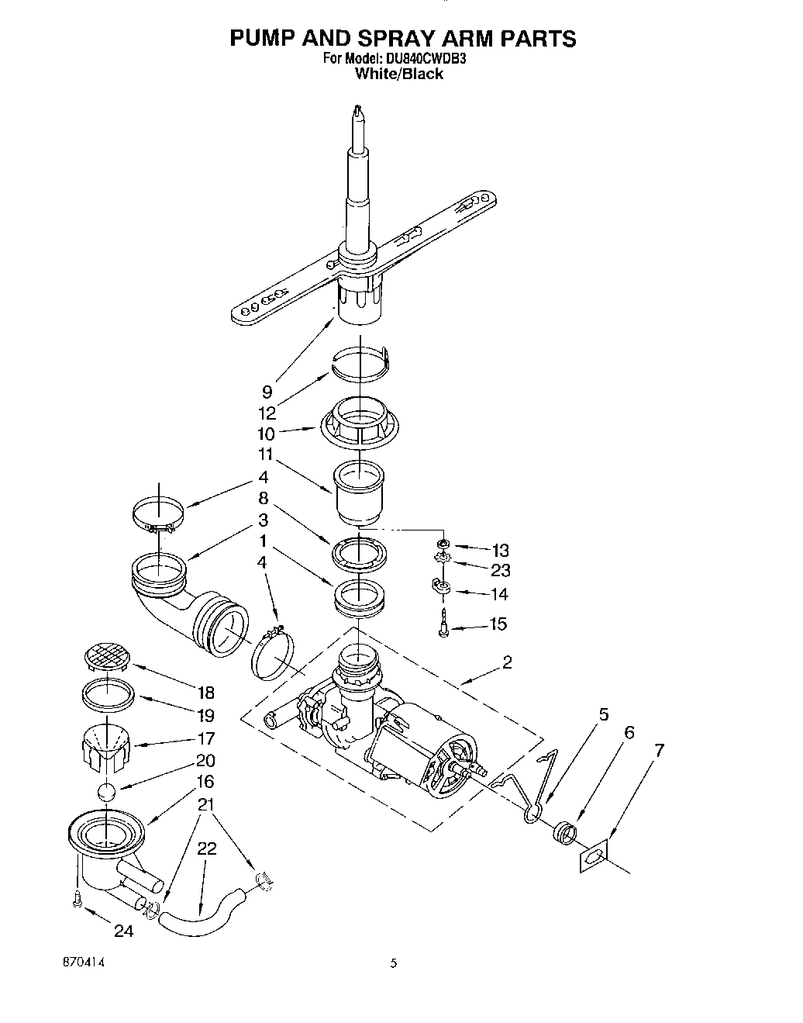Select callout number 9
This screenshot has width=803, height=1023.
click(x=267, y=392)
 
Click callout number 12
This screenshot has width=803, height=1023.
click(x=267, y=413)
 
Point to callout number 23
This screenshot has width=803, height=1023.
click(x=500, y=571)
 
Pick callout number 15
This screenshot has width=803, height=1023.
click(x=498, y=624)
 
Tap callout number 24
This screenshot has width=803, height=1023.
click(x=123, y=931)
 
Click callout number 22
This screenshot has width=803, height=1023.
click(x=206, y=848)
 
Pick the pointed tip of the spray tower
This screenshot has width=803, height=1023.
click(x=357, y=112)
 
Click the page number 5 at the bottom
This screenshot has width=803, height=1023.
click(x=394, y=963)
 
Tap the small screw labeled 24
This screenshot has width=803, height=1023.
click(x=76, y=901)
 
